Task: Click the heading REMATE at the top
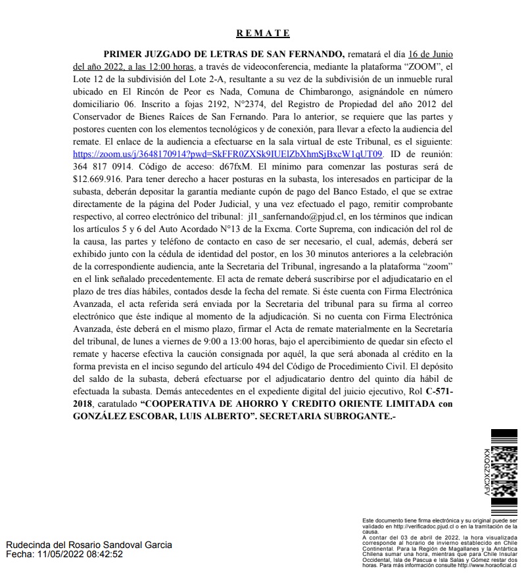[x=263, y=34]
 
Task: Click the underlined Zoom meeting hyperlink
[x=228, y=154]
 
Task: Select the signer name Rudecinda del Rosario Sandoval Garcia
[x=89, y=545]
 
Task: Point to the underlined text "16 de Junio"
[x=430, y=54]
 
